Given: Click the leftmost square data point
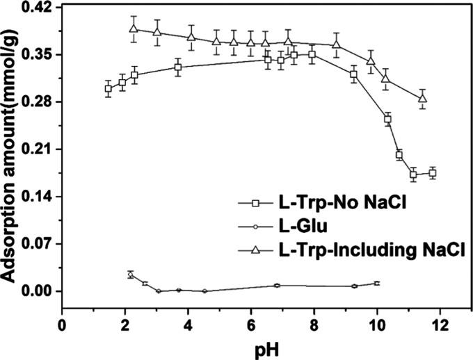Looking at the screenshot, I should (x=108, y=88).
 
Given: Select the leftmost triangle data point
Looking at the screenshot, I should (x=134, y=28).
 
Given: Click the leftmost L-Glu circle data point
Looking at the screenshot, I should (x=131, y=275).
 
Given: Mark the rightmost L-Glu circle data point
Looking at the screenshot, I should (x=377, y=283).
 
